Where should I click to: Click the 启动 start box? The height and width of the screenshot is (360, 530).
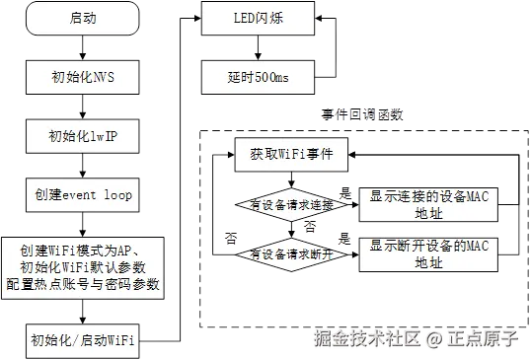[x=83, y=18]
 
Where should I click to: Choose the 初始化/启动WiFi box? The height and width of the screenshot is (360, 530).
[x=83, y=341]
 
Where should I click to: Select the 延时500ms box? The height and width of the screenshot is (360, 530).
[x=258, y=74]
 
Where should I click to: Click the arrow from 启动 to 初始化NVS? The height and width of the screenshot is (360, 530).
[x=83, y=45]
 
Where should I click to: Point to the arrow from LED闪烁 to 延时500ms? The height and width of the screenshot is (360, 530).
[x=258, y=45]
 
